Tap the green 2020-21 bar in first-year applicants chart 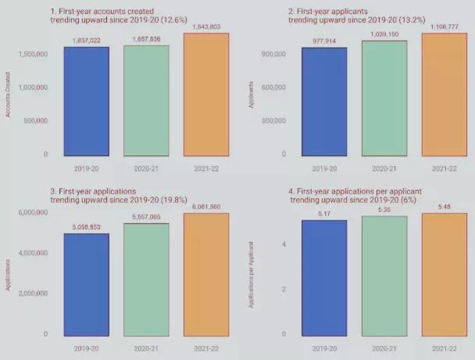(384, 98)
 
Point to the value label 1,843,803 (206, 28)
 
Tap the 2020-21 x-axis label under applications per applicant (384, 349)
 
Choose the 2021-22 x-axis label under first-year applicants (444, 168)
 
